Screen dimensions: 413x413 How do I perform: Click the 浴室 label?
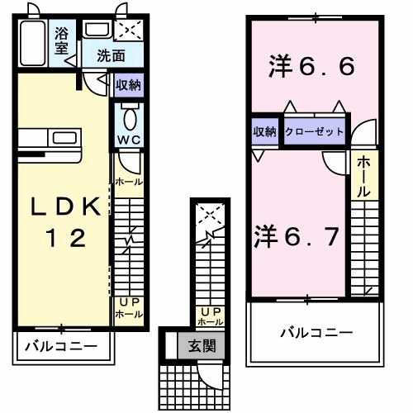coord(61,40)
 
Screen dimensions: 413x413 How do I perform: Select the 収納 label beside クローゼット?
coord(265,131)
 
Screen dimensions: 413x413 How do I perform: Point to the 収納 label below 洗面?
coord(128,84)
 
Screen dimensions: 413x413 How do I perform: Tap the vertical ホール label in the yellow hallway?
coord(363,176)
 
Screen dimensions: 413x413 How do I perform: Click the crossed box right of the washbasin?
coord(129,31)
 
